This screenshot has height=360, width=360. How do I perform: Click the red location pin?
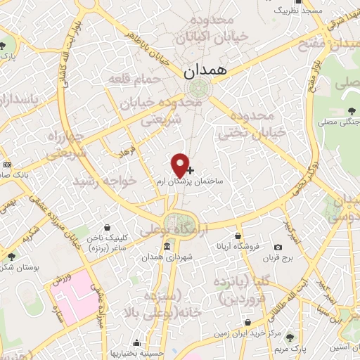(x=181, y=164)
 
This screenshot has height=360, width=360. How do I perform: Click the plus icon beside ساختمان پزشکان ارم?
(x=191, y=170)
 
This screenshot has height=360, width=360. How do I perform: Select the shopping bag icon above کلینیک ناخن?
(x=106, y=228)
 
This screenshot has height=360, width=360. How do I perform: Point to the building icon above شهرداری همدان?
(x=166, y=246)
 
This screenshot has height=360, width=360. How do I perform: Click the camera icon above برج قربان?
(x=278, y=247)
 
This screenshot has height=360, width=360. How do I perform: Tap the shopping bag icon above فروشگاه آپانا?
(x=239, y=235)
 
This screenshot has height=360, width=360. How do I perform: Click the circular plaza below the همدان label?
(x=197, y=88)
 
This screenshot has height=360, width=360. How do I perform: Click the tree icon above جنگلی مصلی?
(x=352, y=111)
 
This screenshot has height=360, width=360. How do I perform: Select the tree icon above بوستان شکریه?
(x=11, y=257)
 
